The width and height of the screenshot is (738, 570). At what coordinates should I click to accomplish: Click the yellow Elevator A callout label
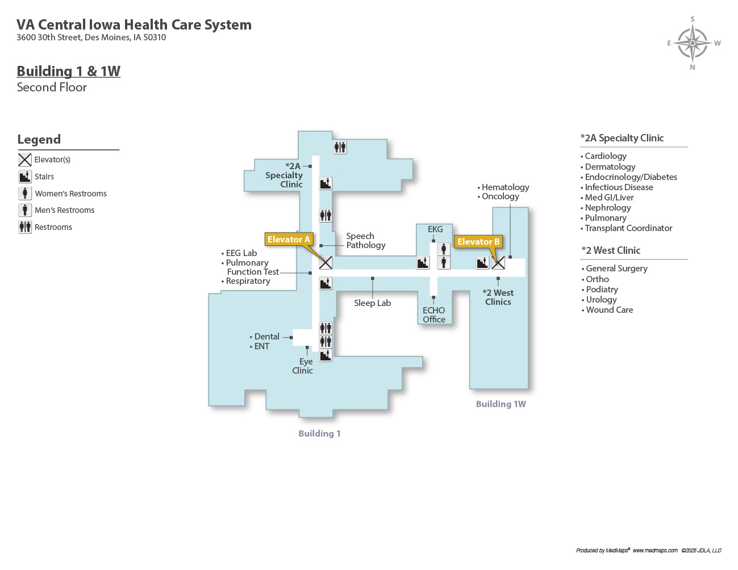289,240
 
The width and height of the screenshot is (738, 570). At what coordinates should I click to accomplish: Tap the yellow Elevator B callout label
478,242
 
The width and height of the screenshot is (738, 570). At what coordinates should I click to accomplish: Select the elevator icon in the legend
25,160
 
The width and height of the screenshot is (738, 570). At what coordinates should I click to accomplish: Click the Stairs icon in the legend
25,177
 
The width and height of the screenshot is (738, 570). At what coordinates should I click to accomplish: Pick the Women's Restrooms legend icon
25,194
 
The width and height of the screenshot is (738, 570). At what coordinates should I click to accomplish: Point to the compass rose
693,43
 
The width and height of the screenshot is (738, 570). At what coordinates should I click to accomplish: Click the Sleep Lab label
372,303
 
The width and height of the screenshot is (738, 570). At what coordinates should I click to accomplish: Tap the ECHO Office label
434,315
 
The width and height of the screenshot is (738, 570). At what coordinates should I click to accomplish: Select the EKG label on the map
435,229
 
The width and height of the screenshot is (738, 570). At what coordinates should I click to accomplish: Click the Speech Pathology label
365,241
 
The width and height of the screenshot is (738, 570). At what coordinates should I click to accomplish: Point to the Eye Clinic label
303,366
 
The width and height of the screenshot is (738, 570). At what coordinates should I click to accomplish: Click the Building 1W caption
501,404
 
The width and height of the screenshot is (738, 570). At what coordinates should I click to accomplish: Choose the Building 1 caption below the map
319,434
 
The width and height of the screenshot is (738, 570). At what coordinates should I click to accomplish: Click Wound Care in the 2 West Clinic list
609,310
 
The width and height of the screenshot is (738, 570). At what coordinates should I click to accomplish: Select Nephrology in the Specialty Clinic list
607,208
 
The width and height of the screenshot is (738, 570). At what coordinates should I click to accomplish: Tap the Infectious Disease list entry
619,187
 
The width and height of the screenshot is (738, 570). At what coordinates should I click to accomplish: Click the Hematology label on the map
505,187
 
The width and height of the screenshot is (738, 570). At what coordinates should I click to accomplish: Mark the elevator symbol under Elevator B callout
498,263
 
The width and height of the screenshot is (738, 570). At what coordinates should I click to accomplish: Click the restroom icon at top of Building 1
340,148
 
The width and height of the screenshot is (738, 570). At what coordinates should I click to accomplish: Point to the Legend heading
39,140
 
